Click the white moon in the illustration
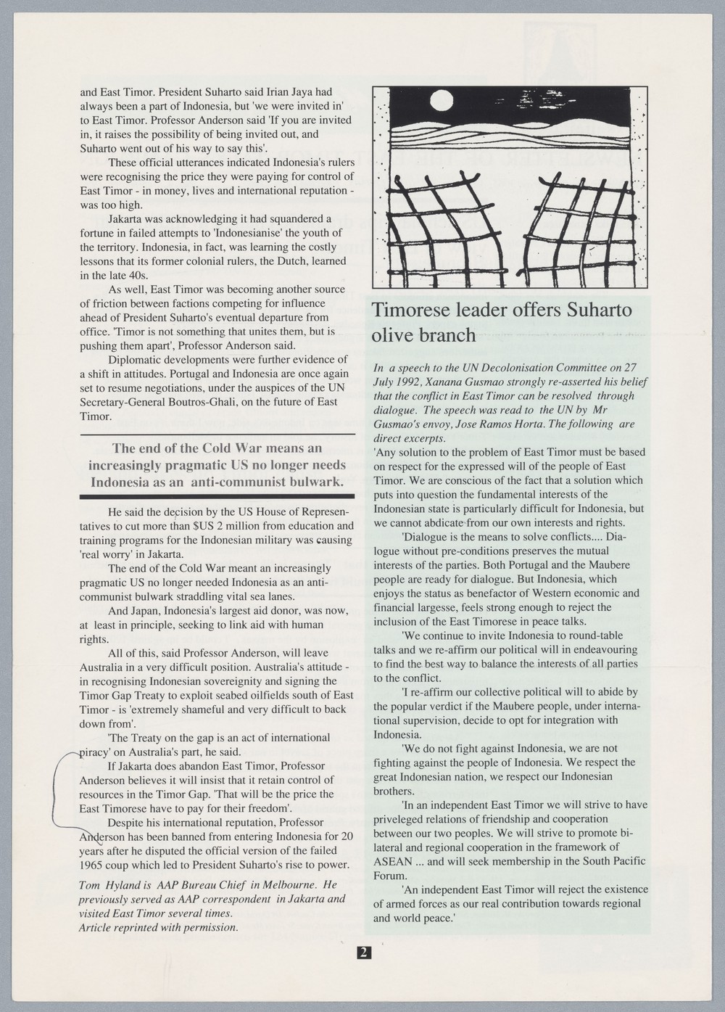pos(439,99)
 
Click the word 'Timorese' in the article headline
pos(411,311)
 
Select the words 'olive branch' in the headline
pos(423,336)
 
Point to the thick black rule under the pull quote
pos(217,495)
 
